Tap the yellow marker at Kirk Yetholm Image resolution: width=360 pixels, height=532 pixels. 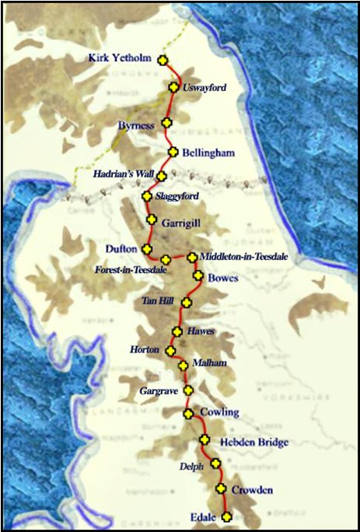(x=163, y=60)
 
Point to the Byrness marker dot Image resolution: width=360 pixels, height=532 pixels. (x=166, y=123)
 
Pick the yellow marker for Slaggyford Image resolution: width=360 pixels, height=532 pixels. (x=145, y=196)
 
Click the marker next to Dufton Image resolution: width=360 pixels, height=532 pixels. (x=146, y=248)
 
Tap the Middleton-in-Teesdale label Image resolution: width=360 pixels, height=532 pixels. (x=243, y=256)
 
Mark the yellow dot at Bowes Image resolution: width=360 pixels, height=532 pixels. (x=197, y=275)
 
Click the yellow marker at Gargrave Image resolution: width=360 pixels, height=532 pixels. (x=188, y=390)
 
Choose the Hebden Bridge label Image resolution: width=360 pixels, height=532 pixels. (x=249, y=442)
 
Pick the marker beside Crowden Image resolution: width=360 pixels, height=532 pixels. (x=221, y=488)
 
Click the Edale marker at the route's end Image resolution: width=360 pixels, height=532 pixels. (x=226, y=516)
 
